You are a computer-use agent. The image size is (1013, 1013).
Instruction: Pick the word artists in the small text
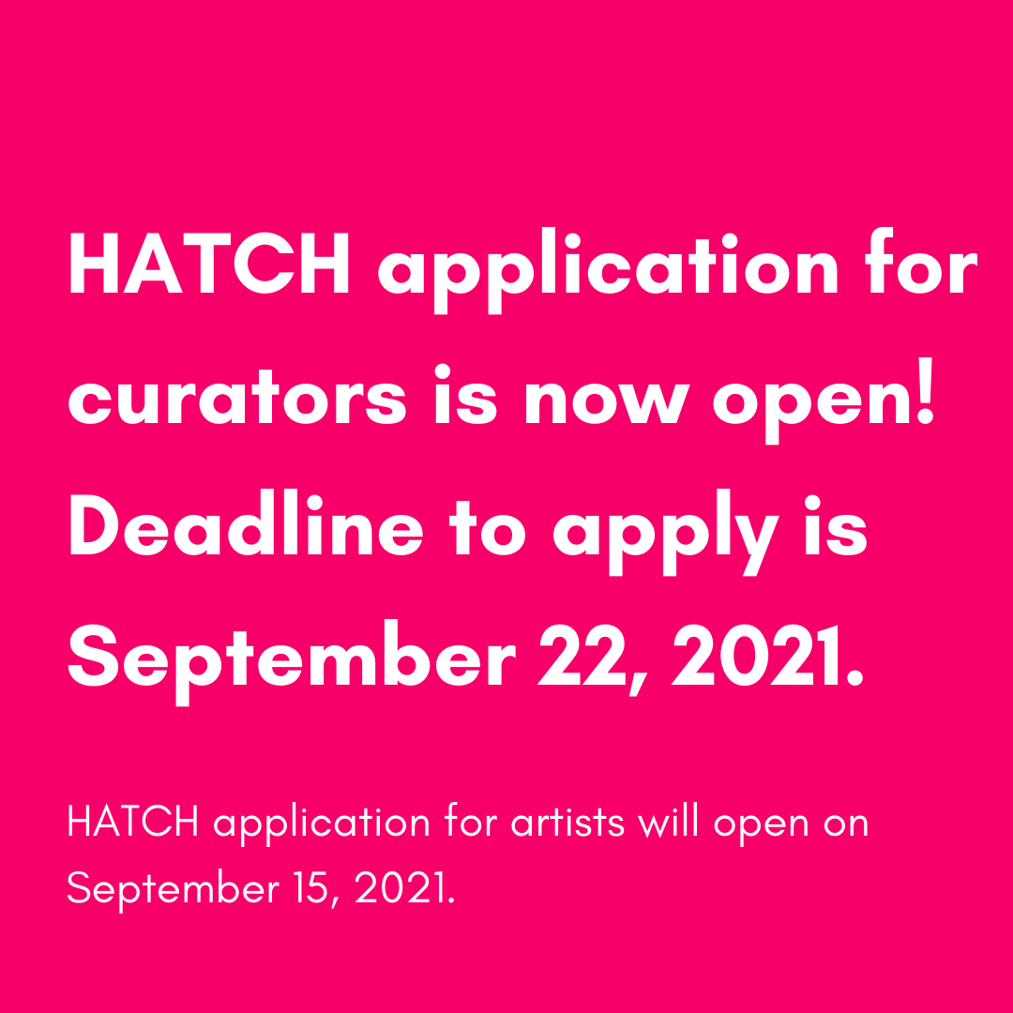click(x=567, y=823)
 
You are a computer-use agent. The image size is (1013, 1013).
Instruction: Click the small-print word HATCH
click(x=132, y=823)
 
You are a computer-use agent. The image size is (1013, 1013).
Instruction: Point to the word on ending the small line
click(x=845, y=824)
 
